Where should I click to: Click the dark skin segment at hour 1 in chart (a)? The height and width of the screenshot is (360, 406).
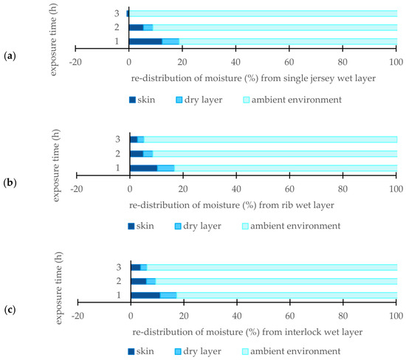click(145, 41)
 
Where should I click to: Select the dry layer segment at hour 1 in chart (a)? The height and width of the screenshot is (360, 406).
click(171, 41)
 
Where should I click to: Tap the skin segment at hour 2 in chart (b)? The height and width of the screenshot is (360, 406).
click(137, 154)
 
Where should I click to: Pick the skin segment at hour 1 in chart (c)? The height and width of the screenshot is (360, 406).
click(145, 295)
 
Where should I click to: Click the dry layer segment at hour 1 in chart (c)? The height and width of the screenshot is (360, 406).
click(168, 295)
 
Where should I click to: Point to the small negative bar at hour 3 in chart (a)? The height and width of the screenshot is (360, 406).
click(128, 13)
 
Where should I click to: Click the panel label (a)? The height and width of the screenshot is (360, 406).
click(10, 55)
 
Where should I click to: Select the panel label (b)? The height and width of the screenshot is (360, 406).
click(10, 183)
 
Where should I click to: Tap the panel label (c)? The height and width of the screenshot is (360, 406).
click(10, 310)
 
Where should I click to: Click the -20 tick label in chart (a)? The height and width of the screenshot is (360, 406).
click(75, 63)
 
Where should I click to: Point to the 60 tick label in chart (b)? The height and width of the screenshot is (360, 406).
click(289, 189)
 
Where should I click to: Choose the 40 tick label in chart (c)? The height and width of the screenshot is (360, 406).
click(237, 316)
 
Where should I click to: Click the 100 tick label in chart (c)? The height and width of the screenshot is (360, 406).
click(396, 316)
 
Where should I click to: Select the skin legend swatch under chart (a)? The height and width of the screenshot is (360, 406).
click(132, 100)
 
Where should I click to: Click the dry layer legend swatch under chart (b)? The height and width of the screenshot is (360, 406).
click(178, 226)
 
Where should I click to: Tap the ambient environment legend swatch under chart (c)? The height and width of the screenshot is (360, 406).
click(245, 352)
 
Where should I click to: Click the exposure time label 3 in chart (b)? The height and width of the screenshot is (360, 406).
click(118, 139)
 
